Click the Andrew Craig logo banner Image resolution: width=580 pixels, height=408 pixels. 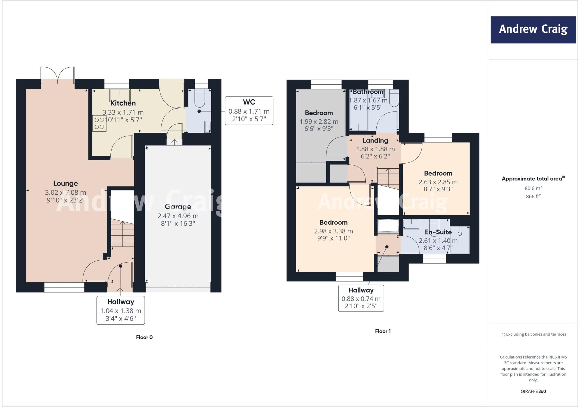[x=533, y=30]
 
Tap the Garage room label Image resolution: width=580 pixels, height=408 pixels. [x=178, y=207]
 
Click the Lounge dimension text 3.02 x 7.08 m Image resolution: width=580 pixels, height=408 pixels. [x=65, y=192]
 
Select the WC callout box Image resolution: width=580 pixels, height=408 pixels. [x=249, y=111]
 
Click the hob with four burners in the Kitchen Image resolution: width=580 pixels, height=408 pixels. [x=99, y=124]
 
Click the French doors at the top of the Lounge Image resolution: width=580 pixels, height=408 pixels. [x=58, y=75]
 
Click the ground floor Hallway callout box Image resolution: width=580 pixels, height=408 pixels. [x=121, y=310]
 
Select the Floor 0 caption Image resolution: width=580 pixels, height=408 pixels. [x=144, y=337]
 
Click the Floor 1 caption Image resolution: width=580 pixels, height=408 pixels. [x=383, y=331]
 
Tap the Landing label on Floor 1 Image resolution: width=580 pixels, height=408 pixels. [x=375, y=141]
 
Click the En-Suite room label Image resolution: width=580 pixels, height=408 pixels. [x=438, y=232]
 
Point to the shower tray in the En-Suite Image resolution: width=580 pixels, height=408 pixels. [x=460, y=240]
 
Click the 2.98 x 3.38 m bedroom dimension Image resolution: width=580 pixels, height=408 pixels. [x=333, y=231]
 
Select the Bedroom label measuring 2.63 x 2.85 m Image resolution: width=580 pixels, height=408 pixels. [x=438, y=173]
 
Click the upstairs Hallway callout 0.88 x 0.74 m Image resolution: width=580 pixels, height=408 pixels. [x=361, y=298]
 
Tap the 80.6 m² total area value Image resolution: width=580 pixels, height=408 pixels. [x=533, y=188]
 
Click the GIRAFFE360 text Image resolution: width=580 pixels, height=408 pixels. [x=533, y=391]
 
